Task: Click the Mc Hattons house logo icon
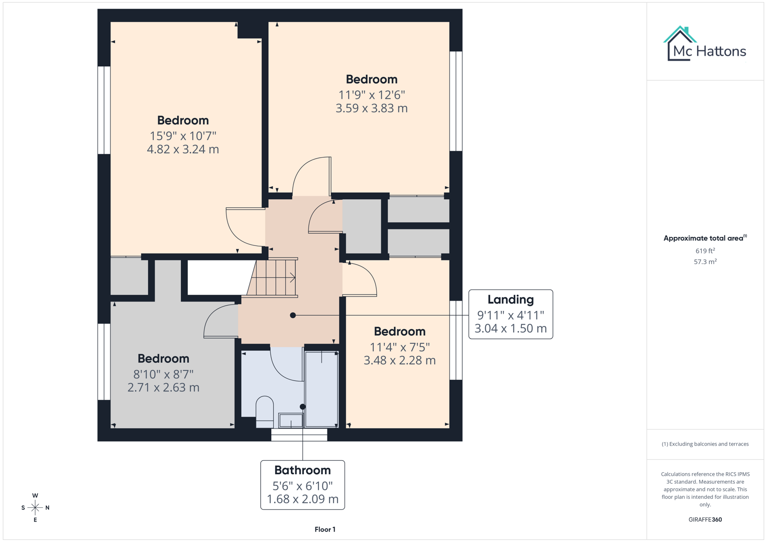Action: pyautogui.click(x=680, y=44)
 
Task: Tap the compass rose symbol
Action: pyautogui.click(x=35, y=508)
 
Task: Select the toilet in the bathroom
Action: pyautogui.click(x=265, y=411)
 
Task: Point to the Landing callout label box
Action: pyautogui.click(x=510, y=314)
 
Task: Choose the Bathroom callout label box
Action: pyautogui.click(x=302, y=485)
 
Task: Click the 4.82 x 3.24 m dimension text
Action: pyautogui.click(x=183, y=150)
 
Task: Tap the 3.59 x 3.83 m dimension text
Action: pyautogui.click(x=371, y=108)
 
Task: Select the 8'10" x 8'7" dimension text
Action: pyautogui.click(x=163, y=374)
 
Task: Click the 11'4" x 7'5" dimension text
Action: pyautogui.click(x=399, y=347)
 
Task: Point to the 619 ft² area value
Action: pyautogui.click(x=705, y=251)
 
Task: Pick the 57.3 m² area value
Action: pyautogui.click(x=705, y=262)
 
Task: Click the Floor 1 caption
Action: pyautogui.click(x=325, y=529)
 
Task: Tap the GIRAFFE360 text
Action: pyautogui.click(x=705, y=519)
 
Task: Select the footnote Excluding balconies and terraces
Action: pyautogui.click(x=705, y=444)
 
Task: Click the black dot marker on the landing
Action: pyautogui.click(x=293, y=315)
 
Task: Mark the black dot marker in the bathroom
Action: pyautogui.click(x=302, y=406)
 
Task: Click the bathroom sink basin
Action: pyautogui.click(x=291, y=421)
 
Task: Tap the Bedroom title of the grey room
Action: pyautogui.click(x=163, y=359)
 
